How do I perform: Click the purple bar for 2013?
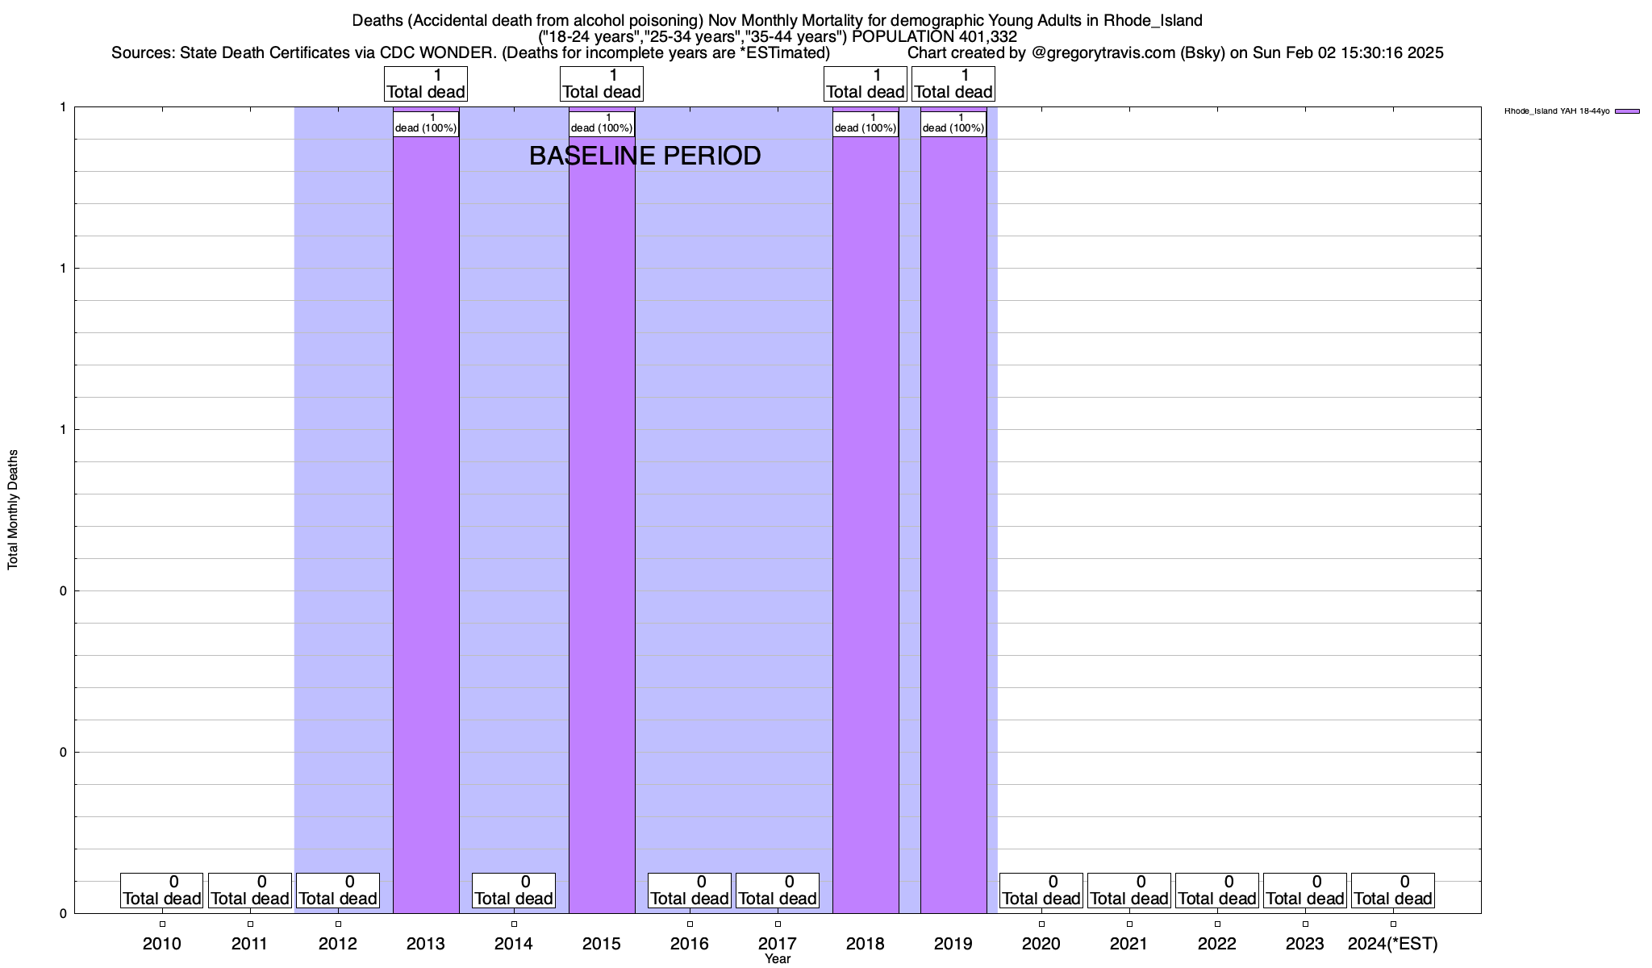pos(426,524)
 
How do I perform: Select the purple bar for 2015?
pos(602,524)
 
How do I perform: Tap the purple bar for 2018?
pos(866,524)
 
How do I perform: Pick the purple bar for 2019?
pos(953,524)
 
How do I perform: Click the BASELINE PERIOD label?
pos(645,156)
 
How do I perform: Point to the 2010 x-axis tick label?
pos(162,943)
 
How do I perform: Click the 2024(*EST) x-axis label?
pos(1393,943)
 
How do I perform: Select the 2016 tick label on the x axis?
pos(690,943)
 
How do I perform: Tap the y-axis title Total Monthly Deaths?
pos(13,510)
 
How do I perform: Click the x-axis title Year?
pos(778,959)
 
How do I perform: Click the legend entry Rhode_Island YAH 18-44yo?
pos(1557,111)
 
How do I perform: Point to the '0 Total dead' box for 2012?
pos(338,890)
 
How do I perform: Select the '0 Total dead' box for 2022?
pos(1217,890)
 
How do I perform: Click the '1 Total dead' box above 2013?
pos(426,84)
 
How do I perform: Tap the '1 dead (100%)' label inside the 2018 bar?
pos(866,123)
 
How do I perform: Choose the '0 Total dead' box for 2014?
pos(514,890)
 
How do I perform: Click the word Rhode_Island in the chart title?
pos(1153,21)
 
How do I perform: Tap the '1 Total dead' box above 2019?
pos(953,84)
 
